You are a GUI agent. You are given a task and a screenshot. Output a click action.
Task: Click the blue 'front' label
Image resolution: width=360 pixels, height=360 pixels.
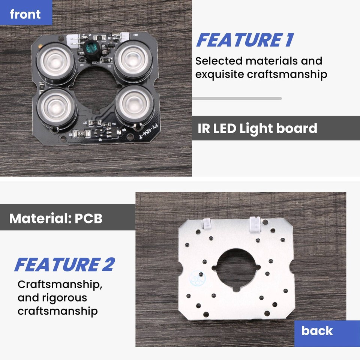point(25,14)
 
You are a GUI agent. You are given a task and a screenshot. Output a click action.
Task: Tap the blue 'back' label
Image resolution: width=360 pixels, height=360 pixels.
point(317,331)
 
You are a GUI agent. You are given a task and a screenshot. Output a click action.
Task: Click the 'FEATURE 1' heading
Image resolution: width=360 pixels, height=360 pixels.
point(245,40)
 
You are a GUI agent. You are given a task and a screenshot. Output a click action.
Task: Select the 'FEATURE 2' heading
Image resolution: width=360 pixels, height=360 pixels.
point(64,265)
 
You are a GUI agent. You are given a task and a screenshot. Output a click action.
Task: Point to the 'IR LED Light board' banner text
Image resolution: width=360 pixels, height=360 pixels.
point(257,128)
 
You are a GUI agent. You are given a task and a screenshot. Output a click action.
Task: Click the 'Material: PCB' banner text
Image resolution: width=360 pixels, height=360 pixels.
point(56,218)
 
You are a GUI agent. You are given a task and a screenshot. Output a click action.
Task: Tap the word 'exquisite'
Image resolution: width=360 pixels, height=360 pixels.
point(219,74)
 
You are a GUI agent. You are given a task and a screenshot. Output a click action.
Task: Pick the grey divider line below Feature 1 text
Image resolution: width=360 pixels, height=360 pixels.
point(237,99)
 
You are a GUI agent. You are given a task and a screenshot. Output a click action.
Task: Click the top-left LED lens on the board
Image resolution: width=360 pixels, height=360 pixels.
point(55,60)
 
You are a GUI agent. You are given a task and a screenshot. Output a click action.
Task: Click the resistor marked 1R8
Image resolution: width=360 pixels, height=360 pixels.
point(81,133)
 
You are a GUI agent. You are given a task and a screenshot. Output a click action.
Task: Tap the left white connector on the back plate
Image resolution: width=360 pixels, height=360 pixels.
point(207,224)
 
